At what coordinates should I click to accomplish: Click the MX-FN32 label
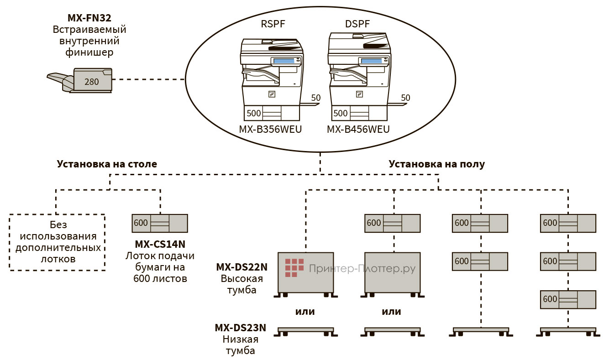[x=89, y=18]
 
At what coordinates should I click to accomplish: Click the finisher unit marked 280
[x=92, y=81]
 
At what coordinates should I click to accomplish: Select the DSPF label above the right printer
[x=358, y=24]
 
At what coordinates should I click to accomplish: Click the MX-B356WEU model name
[x=270, y=130]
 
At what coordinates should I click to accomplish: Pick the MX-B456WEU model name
[x=358, y=130]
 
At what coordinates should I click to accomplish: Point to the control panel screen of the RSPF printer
[x=283, y=61]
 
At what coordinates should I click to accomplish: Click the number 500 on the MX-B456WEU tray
[x=341, y=113]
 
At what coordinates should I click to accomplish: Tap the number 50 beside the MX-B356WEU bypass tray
[x=316, y=98]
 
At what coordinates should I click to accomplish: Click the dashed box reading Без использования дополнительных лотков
[x=57, y=242]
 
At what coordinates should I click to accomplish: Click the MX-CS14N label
[x=160, y=244]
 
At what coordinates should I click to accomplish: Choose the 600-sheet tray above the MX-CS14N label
[x=159, y=223]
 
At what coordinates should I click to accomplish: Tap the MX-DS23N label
[x=240, y=328]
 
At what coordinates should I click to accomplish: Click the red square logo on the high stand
[x=294, y=268]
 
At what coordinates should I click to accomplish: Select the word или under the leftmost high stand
[x=304, y=312]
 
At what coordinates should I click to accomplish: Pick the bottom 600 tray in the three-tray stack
[x=568, y=299]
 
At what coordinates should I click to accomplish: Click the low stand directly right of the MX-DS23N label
[x=305, y=330]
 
